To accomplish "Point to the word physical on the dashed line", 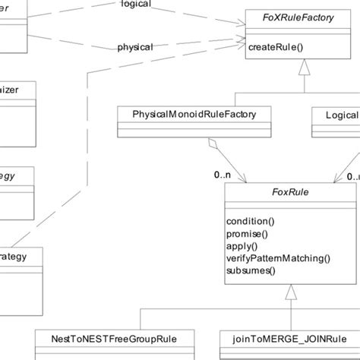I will coord(135,47).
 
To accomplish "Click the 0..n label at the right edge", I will coord(352,175).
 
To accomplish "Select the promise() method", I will coord(249,233).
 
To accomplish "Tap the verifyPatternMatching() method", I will coord(279,257).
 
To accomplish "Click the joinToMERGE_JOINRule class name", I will coord(289,339).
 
